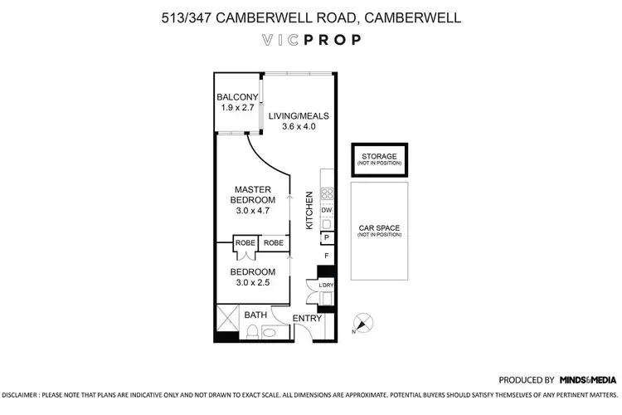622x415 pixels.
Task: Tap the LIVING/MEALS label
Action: [299, 114]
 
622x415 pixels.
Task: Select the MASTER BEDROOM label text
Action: [253, 195]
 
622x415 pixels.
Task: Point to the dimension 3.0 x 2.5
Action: [253, 283]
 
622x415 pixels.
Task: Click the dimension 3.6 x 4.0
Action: [299, 126]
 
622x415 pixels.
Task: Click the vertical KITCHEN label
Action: [309, 210]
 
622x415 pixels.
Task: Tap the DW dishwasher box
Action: [327, 211]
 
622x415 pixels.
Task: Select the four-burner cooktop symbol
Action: [327, 197]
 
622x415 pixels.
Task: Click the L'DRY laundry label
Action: [326, 286]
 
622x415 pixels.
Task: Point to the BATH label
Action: [255, 315]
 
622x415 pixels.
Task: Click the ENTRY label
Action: [308, 319]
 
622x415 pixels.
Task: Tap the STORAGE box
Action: [377, 159]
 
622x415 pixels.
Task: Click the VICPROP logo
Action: [310, 39]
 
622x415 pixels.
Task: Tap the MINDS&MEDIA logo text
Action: [590, 378]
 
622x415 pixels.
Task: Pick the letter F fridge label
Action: [327, 255]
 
